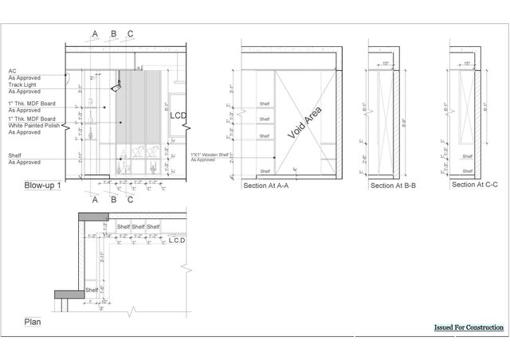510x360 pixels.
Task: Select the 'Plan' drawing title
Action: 32,323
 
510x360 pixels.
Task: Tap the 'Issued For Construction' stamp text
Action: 469,327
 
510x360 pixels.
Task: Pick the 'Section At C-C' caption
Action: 473,184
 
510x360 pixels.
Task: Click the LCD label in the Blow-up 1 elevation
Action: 178,117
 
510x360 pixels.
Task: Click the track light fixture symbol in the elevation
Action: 115,80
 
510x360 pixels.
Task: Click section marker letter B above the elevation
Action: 114,33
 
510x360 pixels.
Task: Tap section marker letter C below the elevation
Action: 131,200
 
